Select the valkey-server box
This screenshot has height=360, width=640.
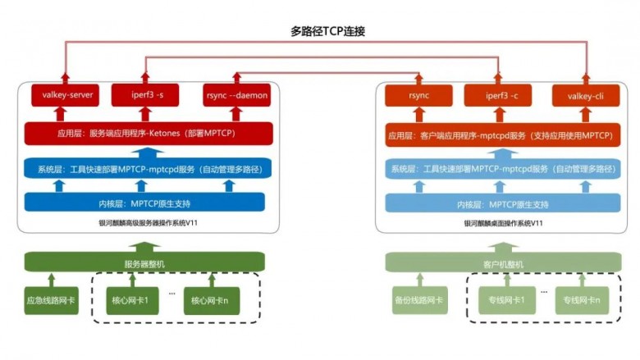[x=64, y=96]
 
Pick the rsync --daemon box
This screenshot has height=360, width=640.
[x=235, y=96]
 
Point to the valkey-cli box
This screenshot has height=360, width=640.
[x=583, y=96]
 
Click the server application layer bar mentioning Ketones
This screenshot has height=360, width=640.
[x=149, y=133]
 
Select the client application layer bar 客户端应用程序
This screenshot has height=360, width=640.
[x=503, y=133]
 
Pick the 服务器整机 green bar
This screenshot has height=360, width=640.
[x=147, y=264]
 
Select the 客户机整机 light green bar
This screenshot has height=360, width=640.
[x=501, y=264]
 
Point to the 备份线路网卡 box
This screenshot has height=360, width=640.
[x=418, y=300]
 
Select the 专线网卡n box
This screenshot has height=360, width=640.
[x=582, y=300]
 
